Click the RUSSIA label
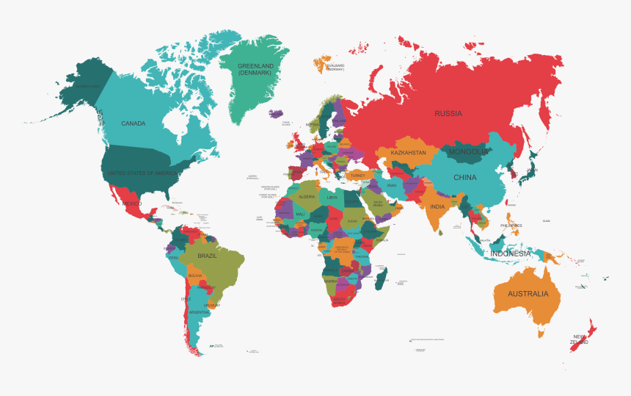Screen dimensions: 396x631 (448, 113)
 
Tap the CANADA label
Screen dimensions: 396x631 (134, 123)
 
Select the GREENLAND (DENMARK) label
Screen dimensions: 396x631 (255, 70)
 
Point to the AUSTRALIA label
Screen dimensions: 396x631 (528, 294)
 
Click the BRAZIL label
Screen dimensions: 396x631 (208, 256)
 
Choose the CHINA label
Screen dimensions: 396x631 (464, 177)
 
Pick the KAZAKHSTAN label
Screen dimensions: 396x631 (408, 153)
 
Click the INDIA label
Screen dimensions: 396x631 (437, 206)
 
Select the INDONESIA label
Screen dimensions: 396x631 (511, 253)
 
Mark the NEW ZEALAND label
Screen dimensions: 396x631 (580, 339)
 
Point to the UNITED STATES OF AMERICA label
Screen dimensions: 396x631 (142, 173)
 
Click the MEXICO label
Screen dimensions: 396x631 (131, 203)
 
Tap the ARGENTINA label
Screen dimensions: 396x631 (199, 312)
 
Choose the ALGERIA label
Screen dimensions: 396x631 (306, 197)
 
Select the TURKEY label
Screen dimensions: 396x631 (357, 176)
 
